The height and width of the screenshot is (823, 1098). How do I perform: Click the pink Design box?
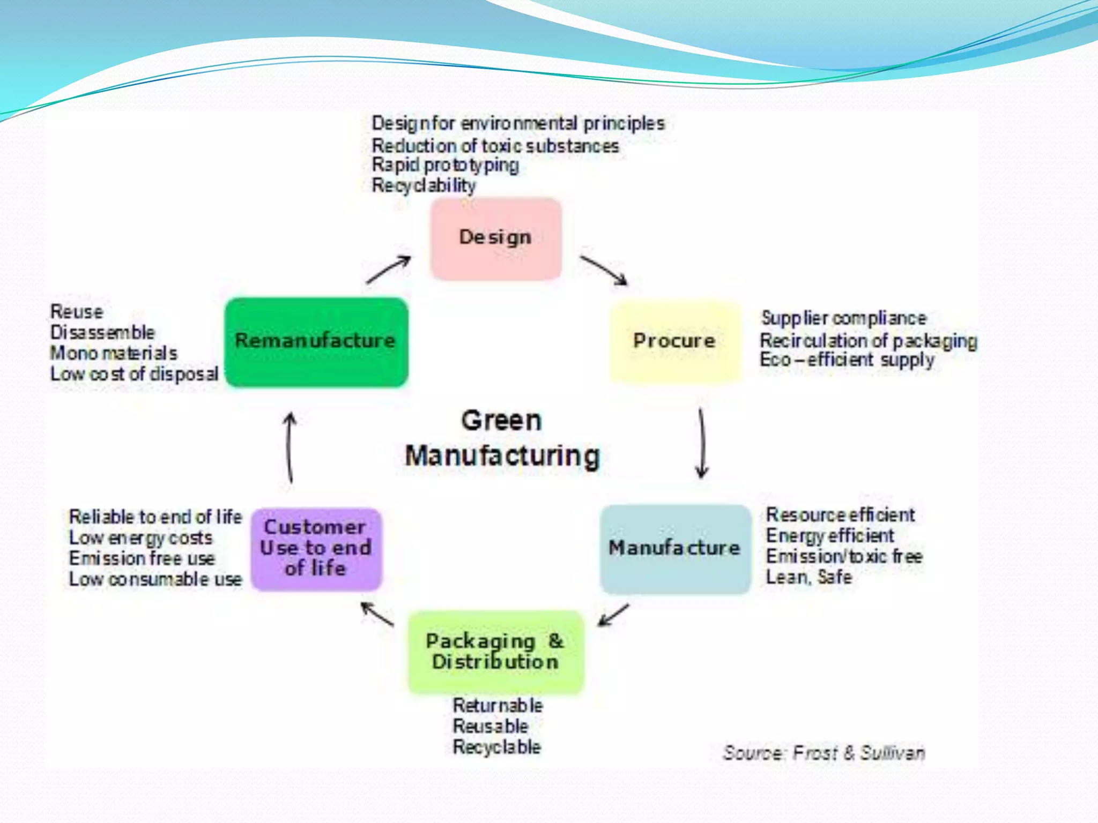pyautogui.click(x=496, y=238)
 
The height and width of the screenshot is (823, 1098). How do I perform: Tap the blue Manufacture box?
pyautogui.click(x=675, y=549)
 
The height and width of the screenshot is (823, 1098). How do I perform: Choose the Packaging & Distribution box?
pyautogui.click(x=495, y=652)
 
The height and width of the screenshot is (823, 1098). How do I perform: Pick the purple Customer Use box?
pyautogui.click(x=316, y=549)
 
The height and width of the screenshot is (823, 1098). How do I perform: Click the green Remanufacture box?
pyautogui.click(x=316, y=342)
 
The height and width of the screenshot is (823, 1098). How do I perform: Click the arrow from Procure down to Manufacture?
pyautogui.click(x=702, y=443)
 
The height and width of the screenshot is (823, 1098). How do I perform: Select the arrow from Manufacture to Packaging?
pyautogui.click(x=613, y=615)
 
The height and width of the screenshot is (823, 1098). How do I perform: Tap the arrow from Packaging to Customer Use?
pyautogui.click(x=377, y=614)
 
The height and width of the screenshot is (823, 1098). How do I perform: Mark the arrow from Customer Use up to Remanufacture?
pyautogui.click(x=290, y=447)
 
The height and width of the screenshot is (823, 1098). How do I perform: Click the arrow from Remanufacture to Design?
pyautogui.click(x=388, y=270)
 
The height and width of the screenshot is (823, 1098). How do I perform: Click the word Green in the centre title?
pyautogui.click(x=501, y=421)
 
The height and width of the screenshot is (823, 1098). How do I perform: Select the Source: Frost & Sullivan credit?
pyautogui.click(x=824, y=753)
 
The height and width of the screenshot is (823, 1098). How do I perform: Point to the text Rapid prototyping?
pyautogui.click(x=445, y=166)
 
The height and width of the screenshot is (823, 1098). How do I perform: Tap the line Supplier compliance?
pyautogui.click(x=843, y=318)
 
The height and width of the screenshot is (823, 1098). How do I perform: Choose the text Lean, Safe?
pyautogui.click(x=808, y=578)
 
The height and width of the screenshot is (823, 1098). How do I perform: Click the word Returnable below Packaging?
pyautogui.click(x=498, y=706)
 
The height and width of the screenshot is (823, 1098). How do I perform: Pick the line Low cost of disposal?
pyautogui.click(x=134, y=374)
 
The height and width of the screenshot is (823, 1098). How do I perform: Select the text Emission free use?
pyautogui.click(x=142, y=558)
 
